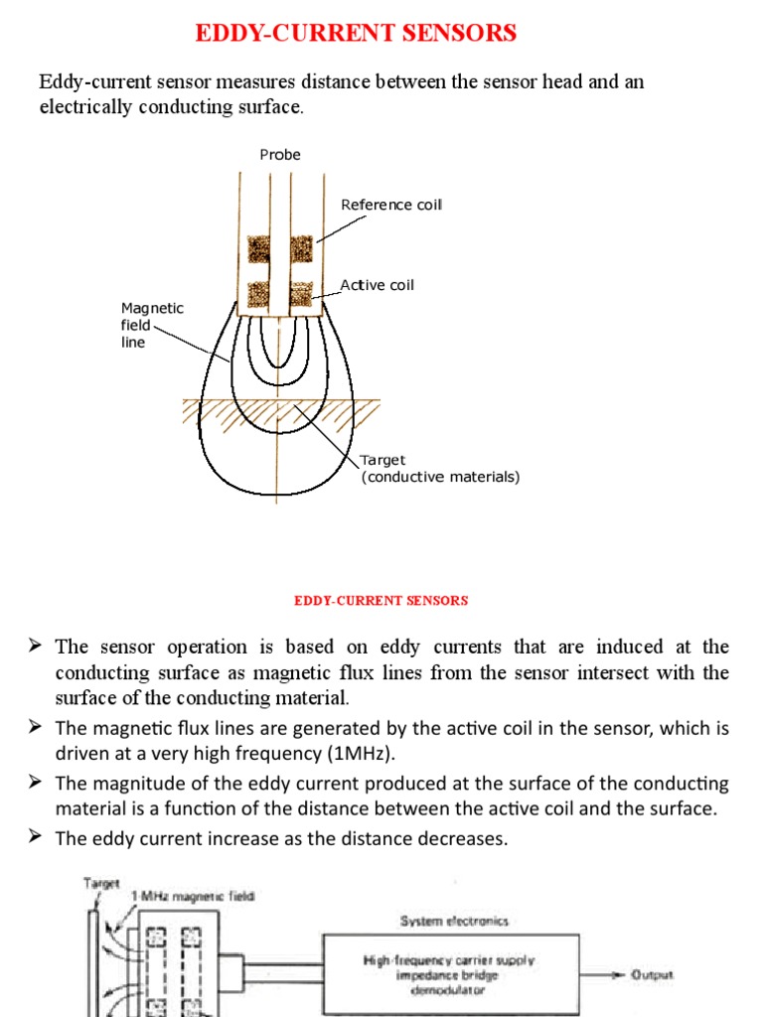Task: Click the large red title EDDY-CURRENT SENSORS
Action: (356, 33)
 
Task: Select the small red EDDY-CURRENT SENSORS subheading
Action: (381, 601)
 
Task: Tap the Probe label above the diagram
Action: (280, 155)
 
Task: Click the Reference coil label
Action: (391, 205)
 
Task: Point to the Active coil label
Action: (378, 285)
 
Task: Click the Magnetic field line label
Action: (151, 325)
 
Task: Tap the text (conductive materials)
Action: (440, 477)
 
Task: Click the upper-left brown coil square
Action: (259, 248)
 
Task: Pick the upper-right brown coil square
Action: (301, 248)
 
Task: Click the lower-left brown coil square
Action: (259, 293)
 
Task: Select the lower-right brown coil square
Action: (301, 293)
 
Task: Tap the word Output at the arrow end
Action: (652, 974)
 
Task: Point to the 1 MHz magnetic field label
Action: (195, 898)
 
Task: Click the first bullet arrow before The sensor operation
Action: (36, 647)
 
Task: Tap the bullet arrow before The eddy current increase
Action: (36, 838)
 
